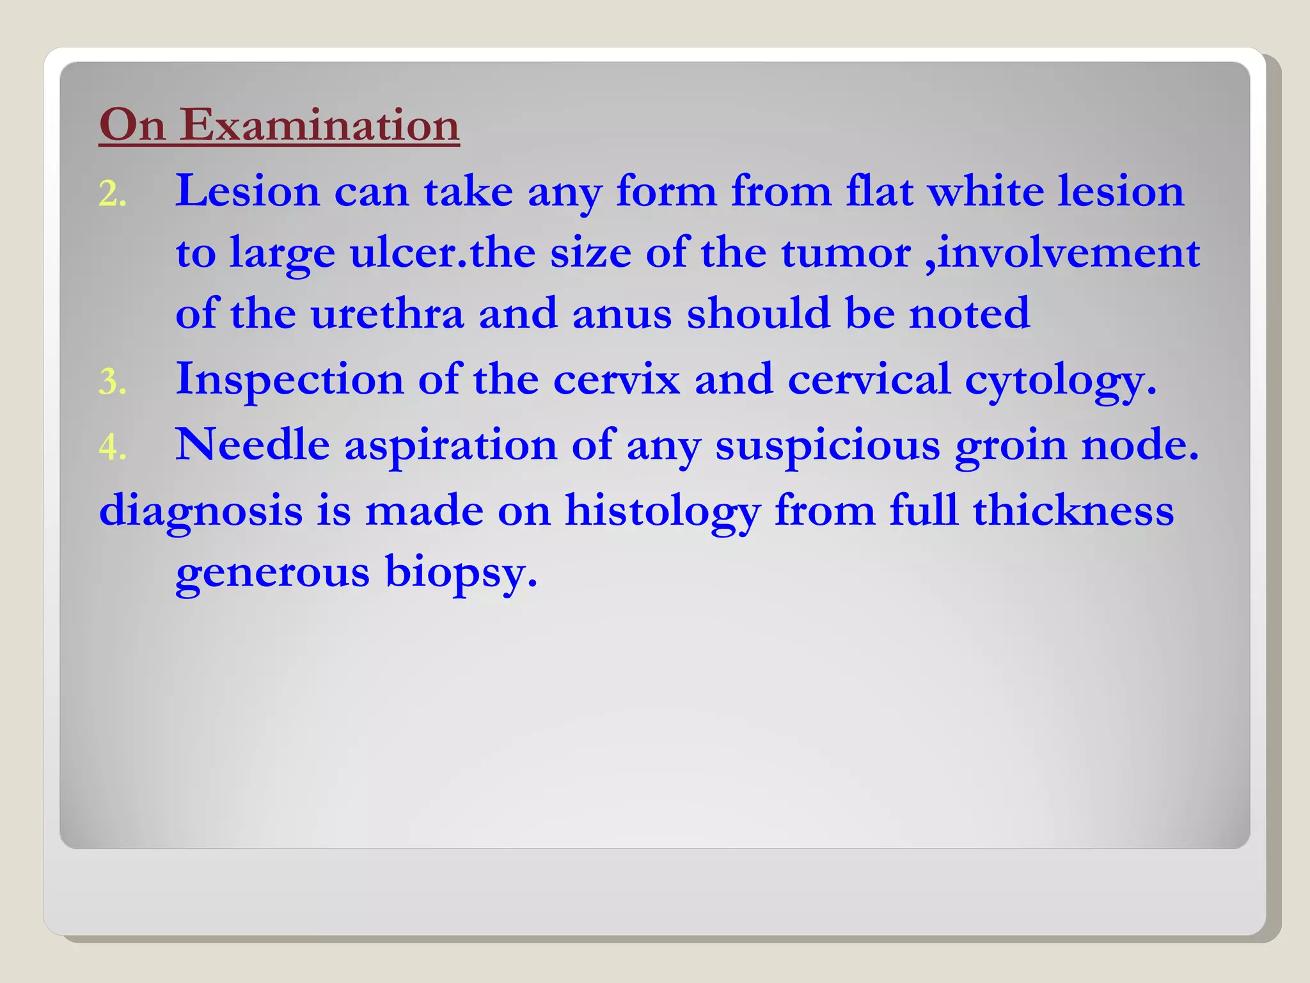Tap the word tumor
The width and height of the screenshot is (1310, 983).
[x=846, y=252]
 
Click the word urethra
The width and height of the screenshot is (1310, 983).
[x=387, y=314]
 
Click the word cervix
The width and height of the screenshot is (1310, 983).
[x=617, y=379]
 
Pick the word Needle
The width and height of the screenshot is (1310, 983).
[x=253, y=444]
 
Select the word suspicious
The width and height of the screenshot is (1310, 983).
[x=828, y=445]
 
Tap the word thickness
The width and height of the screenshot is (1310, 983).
[x=1073, y=511]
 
